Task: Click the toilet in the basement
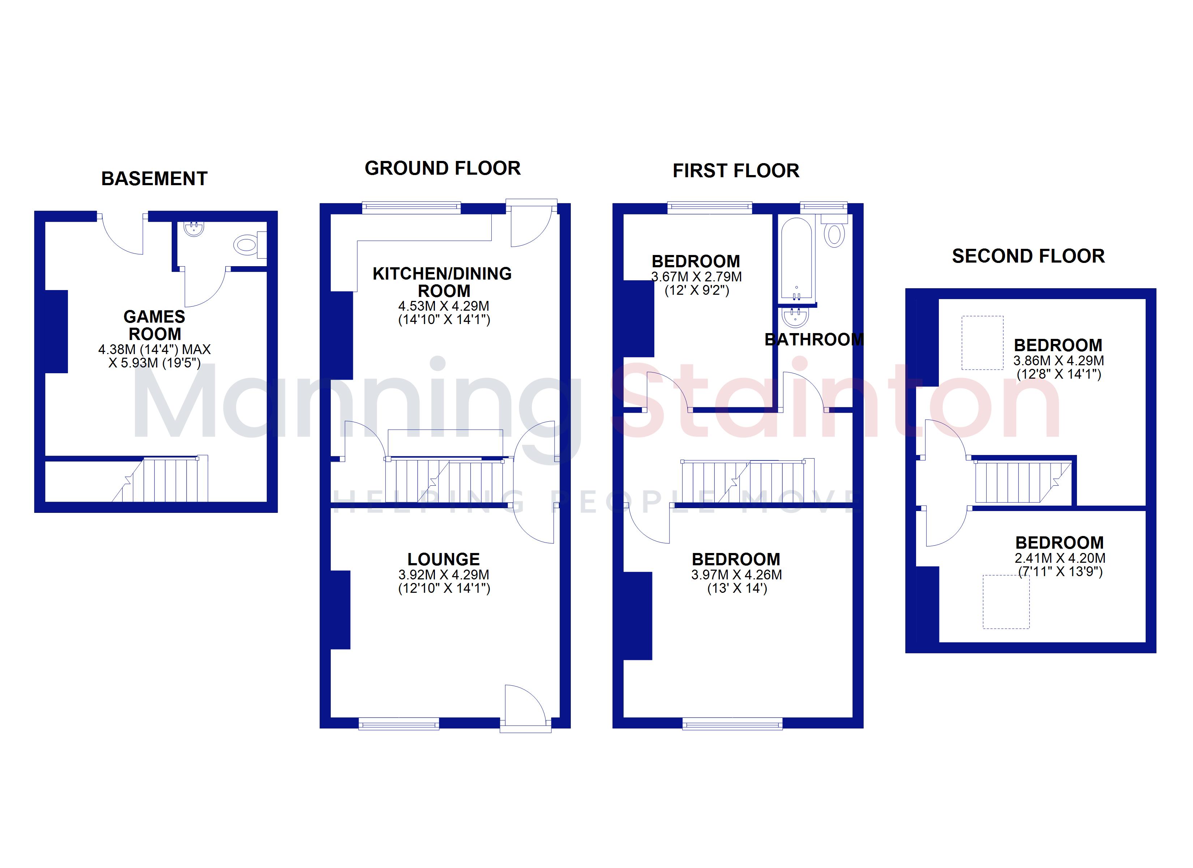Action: pos(250,245)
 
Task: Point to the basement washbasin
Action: pos(194,229)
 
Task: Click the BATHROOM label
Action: pos(814,340)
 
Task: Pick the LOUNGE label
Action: pos(444,559)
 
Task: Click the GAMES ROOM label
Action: pos(155,325)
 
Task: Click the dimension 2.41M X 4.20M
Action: pos(1060,558)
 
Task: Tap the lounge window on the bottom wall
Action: pos(399,724)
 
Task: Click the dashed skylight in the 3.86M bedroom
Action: pos(983,342)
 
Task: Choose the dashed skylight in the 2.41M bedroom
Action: pos(1006,602)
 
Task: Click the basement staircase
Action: pos(161,478)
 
